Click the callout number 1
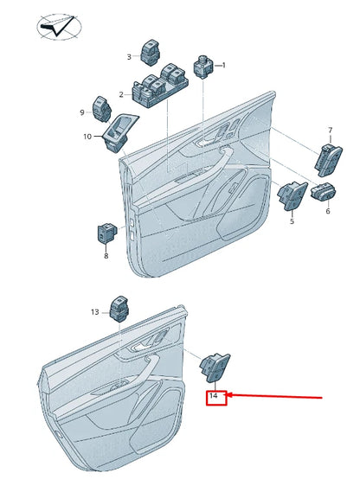pos(223,65)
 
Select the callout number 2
pos(121,94)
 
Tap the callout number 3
pos(129,57)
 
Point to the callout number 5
pos(292,221)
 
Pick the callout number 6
pos(328,211)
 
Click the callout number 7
pos(331,130)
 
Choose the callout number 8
pos(106,256)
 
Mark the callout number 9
pos(82,112)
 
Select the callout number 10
pos(87,137)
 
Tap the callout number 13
pos(95,312)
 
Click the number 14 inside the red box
pos(213,396)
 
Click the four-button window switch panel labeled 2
pos(160,86)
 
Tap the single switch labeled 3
pos(152,53)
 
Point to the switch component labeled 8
pos(106,233)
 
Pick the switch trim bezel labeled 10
pos(120,132)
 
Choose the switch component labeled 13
pos(119,309)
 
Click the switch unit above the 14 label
pos(215,367)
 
